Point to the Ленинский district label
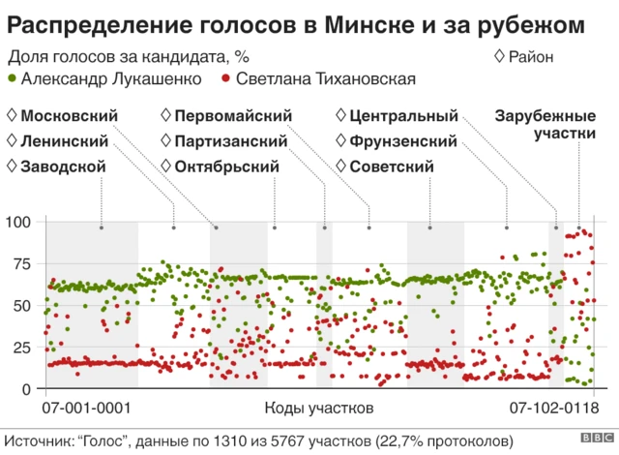(65, 141)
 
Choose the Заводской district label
(63, 167)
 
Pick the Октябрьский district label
(227, 167)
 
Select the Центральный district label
(402, 116)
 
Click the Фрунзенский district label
(402, 141)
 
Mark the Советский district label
(391, 167)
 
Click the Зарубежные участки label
(545, 125)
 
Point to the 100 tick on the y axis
(19, 222)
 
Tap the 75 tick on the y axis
(23, 263)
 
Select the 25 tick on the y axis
(23, 347)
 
